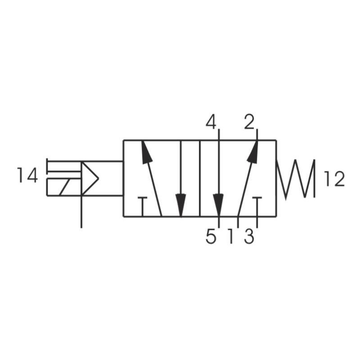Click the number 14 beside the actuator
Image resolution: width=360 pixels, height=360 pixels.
tap(27, 175)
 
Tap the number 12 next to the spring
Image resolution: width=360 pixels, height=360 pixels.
tap(334, 180)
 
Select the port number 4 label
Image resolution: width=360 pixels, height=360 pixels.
tap(211, 122)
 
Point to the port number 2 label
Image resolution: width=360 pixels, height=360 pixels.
tap(249, 122)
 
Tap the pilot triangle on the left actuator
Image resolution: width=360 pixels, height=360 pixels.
tap(90, 179)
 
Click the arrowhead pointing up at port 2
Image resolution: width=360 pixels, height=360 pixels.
tap(253, 152)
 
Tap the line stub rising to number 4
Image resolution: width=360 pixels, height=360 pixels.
tap(219, 134)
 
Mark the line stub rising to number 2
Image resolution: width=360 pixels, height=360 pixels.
tap(257, 134)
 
